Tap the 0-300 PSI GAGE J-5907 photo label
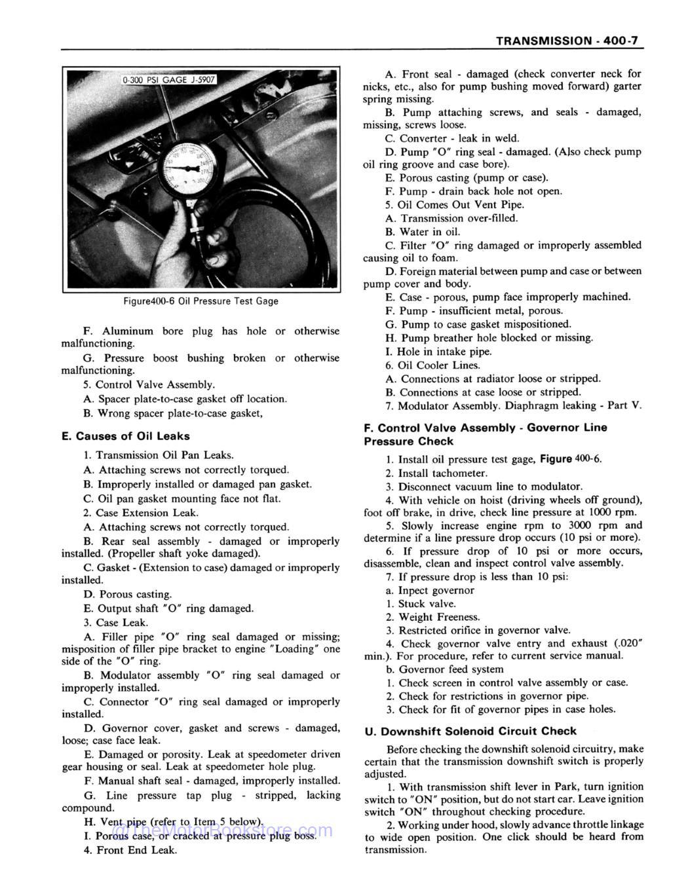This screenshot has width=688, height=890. tap(168, 80)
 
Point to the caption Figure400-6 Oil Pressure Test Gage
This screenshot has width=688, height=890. tap(201, 301)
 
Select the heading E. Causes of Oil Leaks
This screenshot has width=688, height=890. tap(125, 436)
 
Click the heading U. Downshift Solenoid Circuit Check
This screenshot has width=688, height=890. tap(470, 731)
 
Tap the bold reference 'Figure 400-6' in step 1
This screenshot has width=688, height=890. tap(570, 459)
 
